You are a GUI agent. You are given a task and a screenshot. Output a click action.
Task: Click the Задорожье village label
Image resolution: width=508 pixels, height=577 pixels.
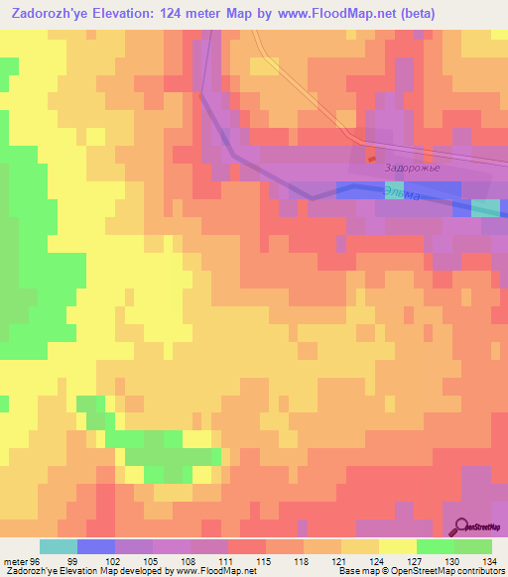(x=411, y=170)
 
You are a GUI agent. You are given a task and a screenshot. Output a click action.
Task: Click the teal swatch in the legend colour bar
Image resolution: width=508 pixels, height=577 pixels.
(x=59, y=546)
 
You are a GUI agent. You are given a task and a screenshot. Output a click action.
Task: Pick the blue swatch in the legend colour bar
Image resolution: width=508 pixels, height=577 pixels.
(x=96, y=546)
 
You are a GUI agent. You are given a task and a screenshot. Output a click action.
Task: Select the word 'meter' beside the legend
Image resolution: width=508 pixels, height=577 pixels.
(x=17, y=560)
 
